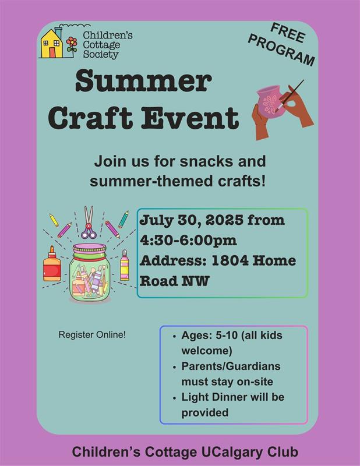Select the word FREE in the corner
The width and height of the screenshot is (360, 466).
click(x=288, y=33)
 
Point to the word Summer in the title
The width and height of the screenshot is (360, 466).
click(x=143, y=81)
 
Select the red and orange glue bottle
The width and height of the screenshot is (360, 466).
click(x=52, y=264)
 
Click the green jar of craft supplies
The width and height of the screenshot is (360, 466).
click(x=88, y=273)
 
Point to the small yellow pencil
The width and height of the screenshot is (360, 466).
click(x=54, y=220)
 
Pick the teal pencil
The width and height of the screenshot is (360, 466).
click(x=123, y=220)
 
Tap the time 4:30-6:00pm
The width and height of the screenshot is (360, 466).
click(x=188, y=241)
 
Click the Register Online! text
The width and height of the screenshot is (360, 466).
click(x=92, y=334)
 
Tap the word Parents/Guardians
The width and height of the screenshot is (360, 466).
click(x=231, y=366)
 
